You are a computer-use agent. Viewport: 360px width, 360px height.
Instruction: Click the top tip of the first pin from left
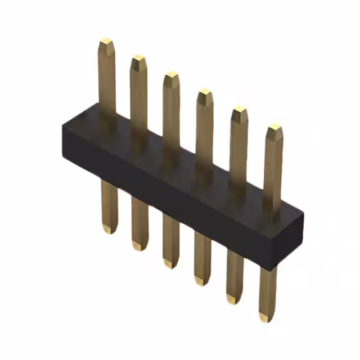pos(106,42)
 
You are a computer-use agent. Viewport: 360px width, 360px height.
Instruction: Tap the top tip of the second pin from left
pos(138,58)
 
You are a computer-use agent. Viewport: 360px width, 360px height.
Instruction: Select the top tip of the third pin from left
pos(172,75)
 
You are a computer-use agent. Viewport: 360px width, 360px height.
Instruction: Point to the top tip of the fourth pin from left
pos(205,92)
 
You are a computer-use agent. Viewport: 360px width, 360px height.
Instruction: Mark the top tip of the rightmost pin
pos(275,128)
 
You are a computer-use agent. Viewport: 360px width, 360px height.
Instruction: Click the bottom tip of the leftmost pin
pos(109,229)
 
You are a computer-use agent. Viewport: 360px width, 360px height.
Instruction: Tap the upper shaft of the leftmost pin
pos(106,79)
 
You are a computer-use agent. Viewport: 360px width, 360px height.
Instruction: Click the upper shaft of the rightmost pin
pos(273,169)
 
